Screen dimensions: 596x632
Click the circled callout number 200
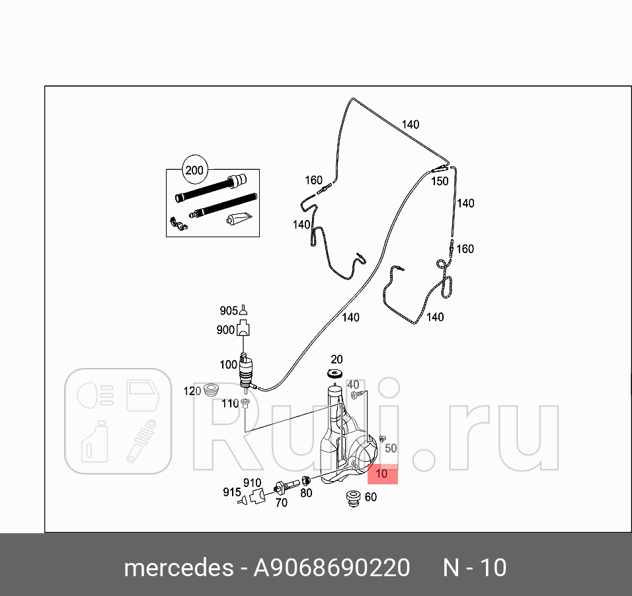point(194,170)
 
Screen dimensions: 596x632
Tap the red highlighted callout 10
point(382,474)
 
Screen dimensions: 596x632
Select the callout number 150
point(440,181)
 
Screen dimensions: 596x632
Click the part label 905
point(228,311)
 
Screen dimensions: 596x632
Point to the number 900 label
point(225,330)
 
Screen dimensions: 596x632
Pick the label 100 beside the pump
point(228,364)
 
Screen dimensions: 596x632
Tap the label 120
point(192,392)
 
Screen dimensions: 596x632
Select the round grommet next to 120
point(212,390)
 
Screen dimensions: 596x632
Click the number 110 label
point(229,404)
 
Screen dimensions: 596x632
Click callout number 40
point(353,385)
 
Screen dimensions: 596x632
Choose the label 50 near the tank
point(391,448)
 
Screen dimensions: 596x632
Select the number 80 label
point(306,492)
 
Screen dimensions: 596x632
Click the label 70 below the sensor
point(281,503)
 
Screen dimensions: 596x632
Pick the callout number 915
point(231,492)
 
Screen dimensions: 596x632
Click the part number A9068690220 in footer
point(332,568)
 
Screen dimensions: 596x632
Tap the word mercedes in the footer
point(178,568)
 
